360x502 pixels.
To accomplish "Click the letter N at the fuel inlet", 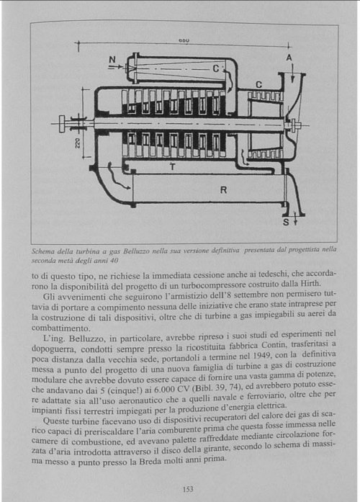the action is coord(112,60).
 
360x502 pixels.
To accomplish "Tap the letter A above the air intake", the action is coord(289,58).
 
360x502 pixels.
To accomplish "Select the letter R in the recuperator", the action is coord(223,190).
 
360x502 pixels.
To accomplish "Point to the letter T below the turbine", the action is coord(173,167).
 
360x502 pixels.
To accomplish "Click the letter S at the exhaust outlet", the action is coord(286,222).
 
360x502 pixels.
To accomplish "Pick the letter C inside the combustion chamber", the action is coord(216,68).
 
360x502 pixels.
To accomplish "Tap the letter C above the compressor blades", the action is coord(258,85).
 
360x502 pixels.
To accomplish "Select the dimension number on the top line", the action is coord(184,40).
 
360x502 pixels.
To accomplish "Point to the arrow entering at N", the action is coord(115,67).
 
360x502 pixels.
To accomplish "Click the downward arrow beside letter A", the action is coord(292,73).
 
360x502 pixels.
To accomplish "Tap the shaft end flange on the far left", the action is coord(62,124).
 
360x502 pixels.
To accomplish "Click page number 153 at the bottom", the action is coord(188,489).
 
